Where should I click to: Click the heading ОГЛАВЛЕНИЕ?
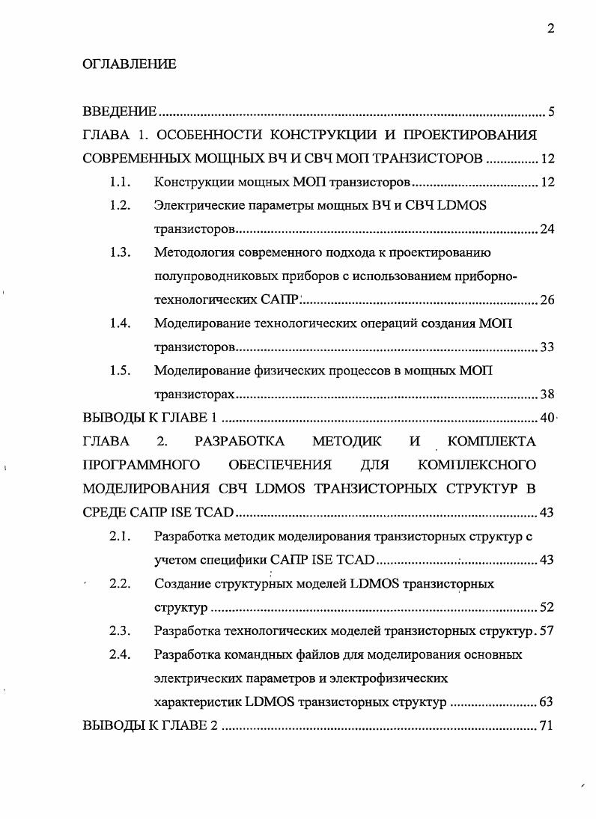point(129,64)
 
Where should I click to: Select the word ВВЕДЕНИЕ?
point(119,112)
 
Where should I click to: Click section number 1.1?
point(120,182)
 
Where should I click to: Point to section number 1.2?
point(120,205)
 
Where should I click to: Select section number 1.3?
point(120,252)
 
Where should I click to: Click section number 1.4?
point(120,323)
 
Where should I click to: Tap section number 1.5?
point(120,371)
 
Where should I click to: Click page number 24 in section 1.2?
point(547,229)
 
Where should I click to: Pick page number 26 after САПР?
point(547,300)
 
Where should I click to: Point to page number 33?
point(547,347)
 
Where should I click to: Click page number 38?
point(547,395)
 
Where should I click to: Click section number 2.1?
point(120,536)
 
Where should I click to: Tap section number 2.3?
point(120,630)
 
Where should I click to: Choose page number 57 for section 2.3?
point(547,630)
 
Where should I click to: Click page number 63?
point(547,702)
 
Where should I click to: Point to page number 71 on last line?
point(547,725)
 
